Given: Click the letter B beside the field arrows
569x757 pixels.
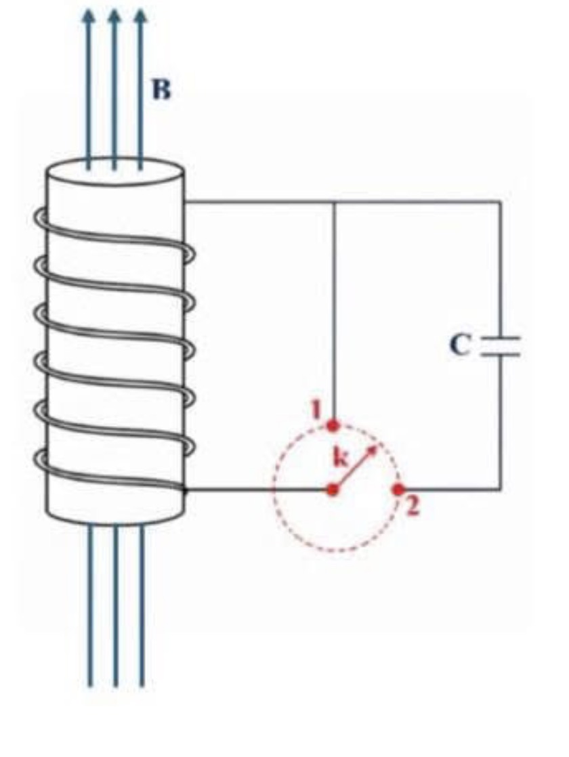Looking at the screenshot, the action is pyautogui.click(x=161, y=90).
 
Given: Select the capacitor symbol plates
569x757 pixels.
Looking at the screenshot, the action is pyautogui.click(x=501, y=347).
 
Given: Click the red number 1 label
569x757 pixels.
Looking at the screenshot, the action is pyautogui.click(x=316, y=410).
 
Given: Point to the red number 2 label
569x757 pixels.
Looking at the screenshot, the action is pyautogui.click(x=412, y=507).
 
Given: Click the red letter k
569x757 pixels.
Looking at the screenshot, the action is pyautogui.click(x=341, y=457).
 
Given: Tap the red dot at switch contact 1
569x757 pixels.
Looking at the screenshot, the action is pyautogui.click(x=333, y=426).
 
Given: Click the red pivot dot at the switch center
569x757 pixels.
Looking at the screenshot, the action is pyautogui.click(x=333, y=490).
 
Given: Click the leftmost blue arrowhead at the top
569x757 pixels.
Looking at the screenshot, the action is pyautogui.click(x=88, y=16).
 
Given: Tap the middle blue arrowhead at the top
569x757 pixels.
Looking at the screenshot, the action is pyautogui.click(x=114, y=16).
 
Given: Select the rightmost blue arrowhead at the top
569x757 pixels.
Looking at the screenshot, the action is pyautogui.click(x=141, y=16).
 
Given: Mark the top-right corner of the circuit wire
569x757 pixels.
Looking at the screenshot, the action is pyautogui.click(x=501, y=201).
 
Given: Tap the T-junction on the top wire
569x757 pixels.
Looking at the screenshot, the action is pyautogui.click(x=334, y=201).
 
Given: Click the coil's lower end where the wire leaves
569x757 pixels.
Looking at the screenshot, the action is pyautogui.click(x=184, y=490).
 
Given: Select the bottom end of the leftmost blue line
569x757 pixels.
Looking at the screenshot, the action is pyautogui.click(x=90, y=685).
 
